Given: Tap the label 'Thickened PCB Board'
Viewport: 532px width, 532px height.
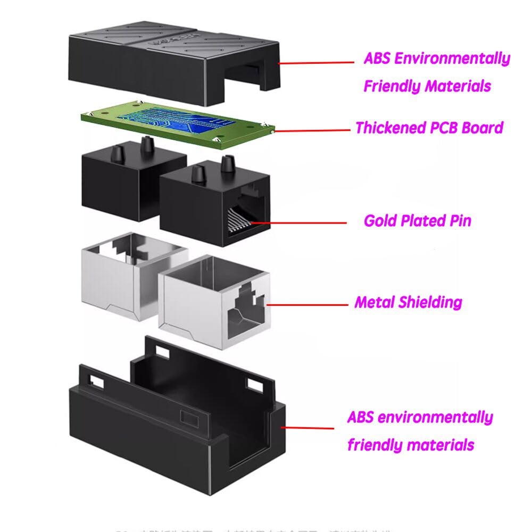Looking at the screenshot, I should click(429, 128).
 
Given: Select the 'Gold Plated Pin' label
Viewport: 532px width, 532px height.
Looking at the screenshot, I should click(417, 220).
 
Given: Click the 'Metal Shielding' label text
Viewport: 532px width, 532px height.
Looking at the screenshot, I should click(408, 303).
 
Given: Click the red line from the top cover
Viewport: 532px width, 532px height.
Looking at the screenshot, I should click(316, 63).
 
